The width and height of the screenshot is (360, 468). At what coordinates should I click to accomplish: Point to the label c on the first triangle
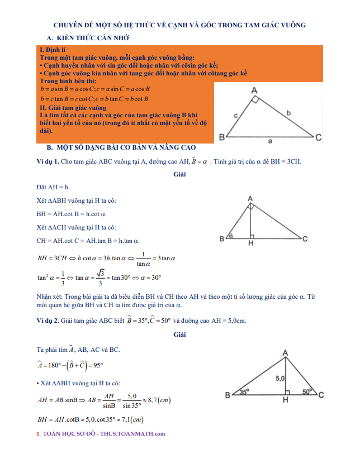(235, 116)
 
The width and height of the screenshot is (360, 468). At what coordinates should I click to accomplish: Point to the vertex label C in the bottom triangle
(322, 395)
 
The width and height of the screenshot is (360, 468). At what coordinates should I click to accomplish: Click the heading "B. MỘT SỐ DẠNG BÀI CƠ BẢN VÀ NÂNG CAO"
(122, 148)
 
